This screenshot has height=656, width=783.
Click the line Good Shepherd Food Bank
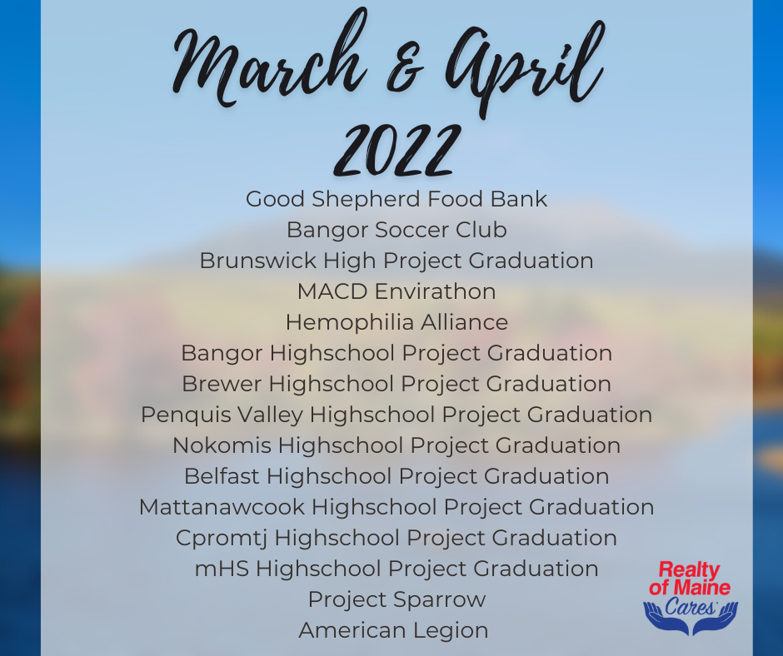point(396,199)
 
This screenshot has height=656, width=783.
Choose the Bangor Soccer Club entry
point(396,230)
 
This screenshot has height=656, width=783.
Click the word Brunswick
point(258,261)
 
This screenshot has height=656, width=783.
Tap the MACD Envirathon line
point(396,291)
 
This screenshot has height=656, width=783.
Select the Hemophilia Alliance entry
point(396,322)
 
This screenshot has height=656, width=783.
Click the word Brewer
point(222,384)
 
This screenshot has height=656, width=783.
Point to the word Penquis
point(186,415)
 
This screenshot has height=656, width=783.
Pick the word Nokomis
point(222,446)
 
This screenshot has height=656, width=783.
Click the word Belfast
point(222,476)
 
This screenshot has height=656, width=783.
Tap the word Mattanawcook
point(222,507)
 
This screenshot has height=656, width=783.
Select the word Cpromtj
point(222,539)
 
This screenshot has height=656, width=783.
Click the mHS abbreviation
point(222,569)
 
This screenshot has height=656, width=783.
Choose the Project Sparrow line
point(396,600)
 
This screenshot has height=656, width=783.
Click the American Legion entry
point(393,631)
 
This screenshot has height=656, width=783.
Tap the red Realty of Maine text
point(690,579)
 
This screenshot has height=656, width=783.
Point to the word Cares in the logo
point(691,607)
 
